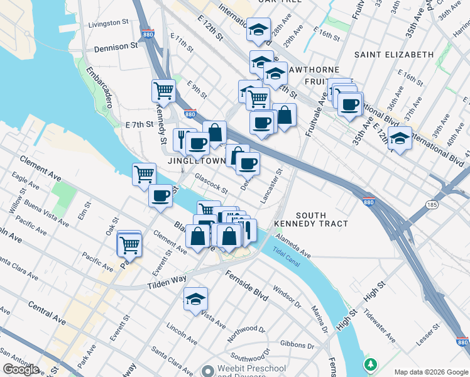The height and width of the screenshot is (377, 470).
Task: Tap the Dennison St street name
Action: point(116,46)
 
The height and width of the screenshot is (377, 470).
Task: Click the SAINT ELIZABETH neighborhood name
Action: point(394,55)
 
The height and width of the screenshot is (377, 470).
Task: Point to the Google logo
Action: point(21,369)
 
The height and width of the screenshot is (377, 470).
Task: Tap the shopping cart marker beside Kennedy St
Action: point(163,91)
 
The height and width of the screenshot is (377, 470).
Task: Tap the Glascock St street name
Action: point(210,184)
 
